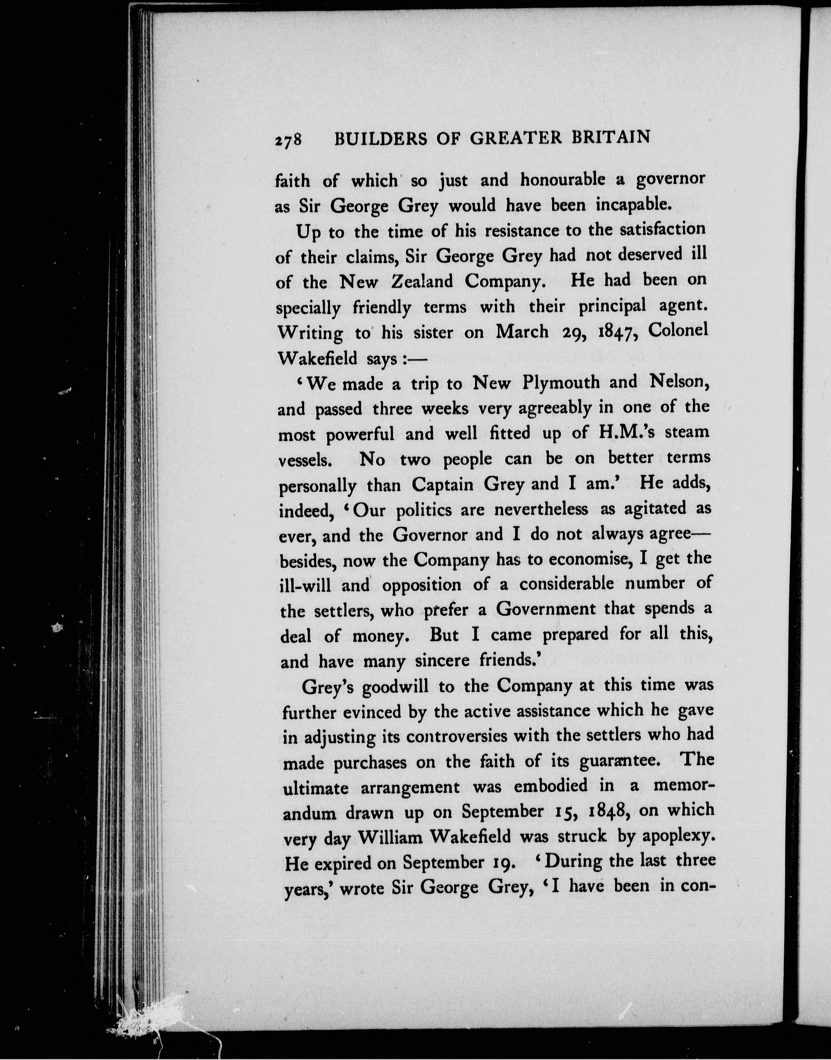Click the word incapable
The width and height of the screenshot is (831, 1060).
(x=634, y=205)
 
